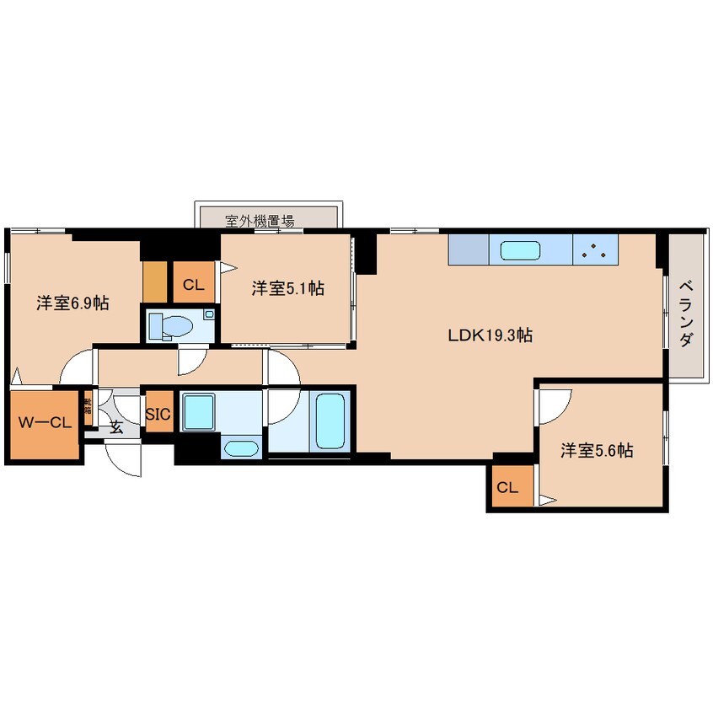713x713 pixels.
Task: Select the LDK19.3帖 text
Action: click(490, 335)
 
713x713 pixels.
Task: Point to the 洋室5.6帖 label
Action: click(598, 451)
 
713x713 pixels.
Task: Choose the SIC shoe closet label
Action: click(158, 415)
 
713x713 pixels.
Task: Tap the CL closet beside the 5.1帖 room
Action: click(193, 285)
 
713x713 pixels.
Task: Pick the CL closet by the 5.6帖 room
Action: click(507, 487)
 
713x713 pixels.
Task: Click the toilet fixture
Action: click(174, 326)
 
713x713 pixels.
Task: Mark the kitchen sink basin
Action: click(521, 250)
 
